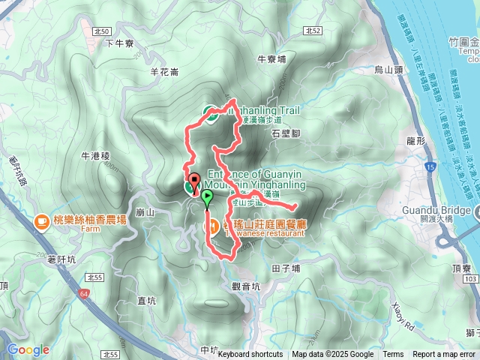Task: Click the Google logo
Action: point(28,349)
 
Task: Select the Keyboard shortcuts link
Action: point(250,355)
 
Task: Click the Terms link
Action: point(393,355)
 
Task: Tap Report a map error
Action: point(445,355)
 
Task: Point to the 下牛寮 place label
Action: point(119,43)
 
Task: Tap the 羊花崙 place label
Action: point(164,72)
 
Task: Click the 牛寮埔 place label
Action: point(271,58)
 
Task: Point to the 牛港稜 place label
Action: point(95,156)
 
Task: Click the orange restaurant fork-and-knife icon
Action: point(213,224)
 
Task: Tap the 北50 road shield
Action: point(103,31)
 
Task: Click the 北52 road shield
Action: point(313,31)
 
